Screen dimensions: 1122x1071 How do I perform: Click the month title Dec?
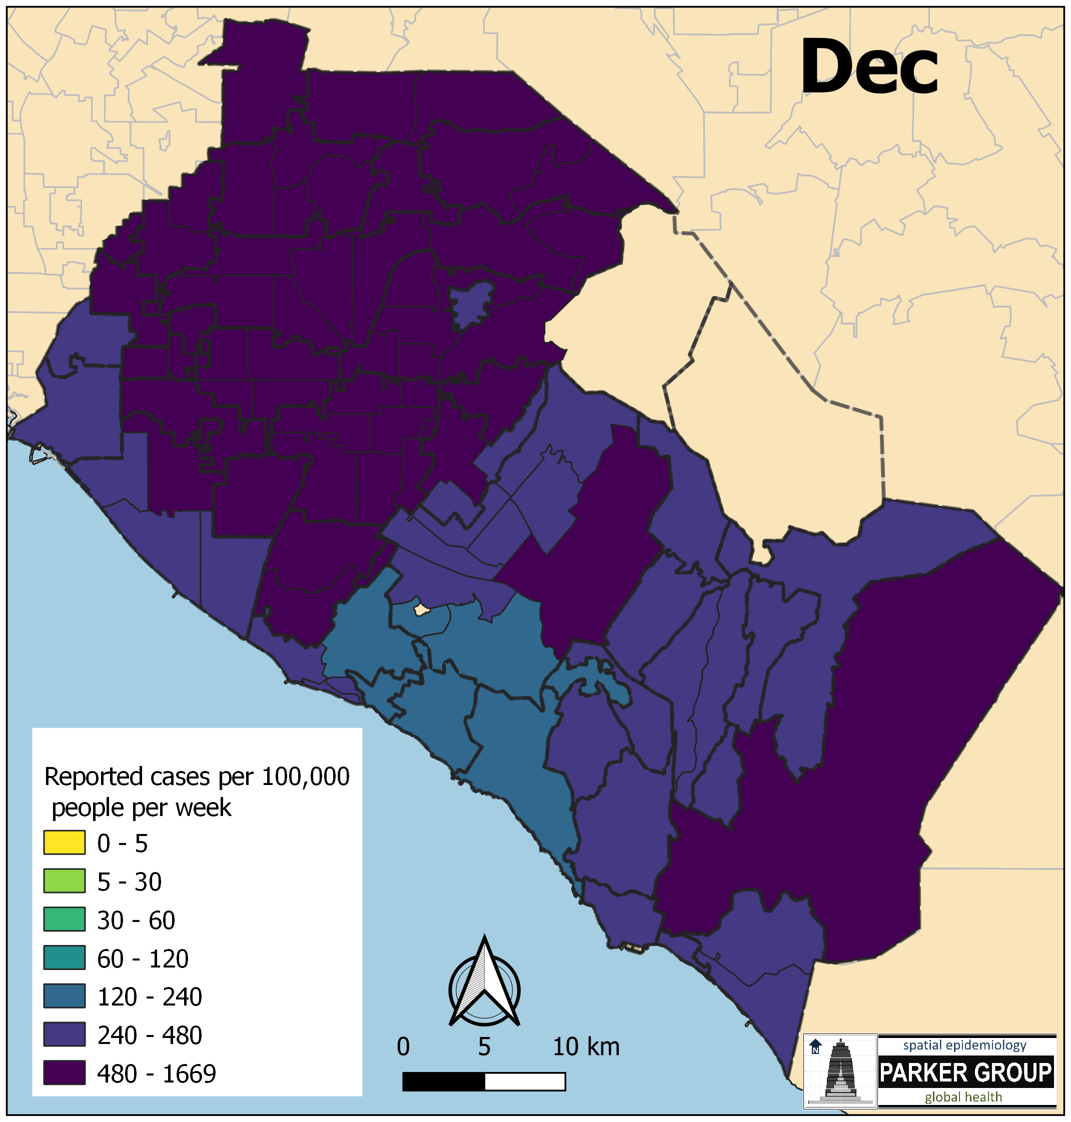[869, 67]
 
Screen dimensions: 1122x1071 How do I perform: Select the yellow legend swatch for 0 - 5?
[64, 843]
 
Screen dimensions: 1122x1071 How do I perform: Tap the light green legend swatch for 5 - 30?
[64, 881]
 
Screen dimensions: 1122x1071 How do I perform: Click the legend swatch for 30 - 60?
[64, 919]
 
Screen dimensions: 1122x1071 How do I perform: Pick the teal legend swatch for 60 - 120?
[64, 957]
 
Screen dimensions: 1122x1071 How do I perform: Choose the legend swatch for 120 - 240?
[64, 996]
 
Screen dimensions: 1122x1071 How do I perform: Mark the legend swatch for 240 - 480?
[64, 1034]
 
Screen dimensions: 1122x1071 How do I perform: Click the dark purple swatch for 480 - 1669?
[64, 1073]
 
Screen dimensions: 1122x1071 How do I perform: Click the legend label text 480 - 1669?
[157, 1074]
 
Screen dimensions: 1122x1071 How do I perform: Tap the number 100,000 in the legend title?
[306, 776]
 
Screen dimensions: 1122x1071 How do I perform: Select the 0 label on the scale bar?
[403, 1047]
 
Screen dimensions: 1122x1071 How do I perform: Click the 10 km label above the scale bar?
[586, 1047]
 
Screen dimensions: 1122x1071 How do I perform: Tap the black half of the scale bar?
[444, 1081]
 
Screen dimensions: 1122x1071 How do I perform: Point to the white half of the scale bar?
[525, 1081]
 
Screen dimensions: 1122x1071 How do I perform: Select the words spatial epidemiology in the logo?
[964, 1045]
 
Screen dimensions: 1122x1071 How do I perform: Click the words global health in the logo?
[963, 1097]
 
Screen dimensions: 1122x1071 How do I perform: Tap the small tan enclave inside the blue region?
[421, 609]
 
